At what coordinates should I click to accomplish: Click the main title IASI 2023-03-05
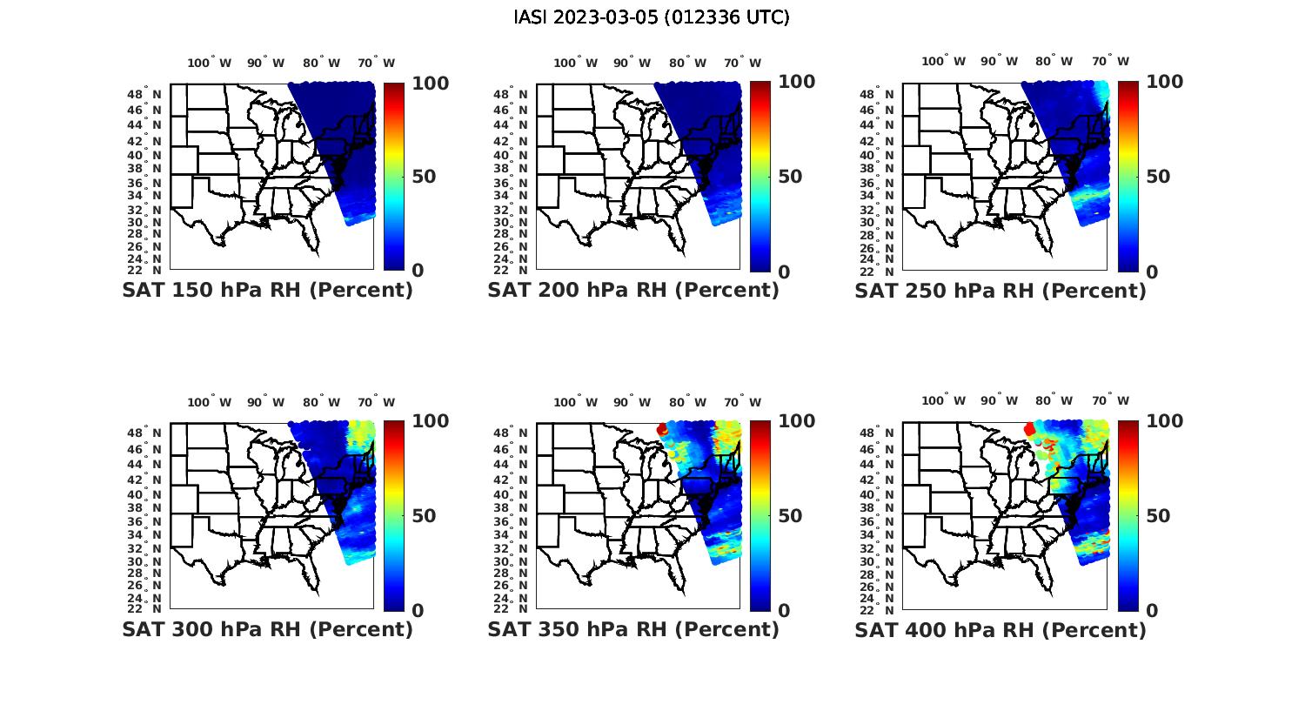[x=652, y=17]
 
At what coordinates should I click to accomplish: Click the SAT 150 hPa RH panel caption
[x=267, y=291]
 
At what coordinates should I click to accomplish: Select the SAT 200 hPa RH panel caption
[x=633, y=291]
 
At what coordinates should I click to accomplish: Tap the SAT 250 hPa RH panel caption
[x=1000, y=291]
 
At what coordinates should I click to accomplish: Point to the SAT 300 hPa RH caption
[x=267, y=629]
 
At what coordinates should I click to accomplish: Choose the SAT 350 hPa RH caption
[x=633, y=629]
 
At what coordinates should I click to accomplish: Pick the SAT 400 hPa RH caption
[x=1000, y=629]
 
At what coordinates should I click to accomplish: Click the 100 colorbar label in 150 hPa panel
[x=430, y=83]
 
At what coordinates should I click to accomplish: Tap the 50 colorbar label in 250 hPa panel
[x=1157, y=177]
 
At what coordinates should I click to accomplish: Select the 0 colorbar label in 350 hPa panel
[x=784, y=611]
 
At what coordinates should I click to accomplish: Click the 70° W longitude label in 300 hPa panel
[x=377, y=402]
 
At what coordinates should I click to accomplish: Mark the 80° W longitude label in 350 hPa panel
[x=689, y=402]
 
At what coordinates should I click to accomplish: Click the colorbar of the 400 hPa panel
[x=1128, y=515]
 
